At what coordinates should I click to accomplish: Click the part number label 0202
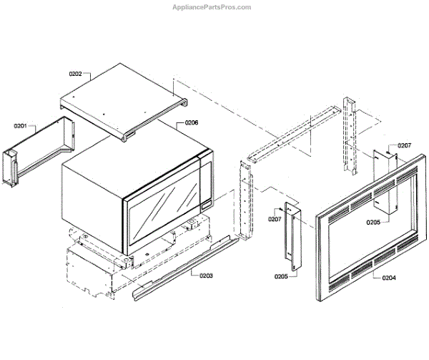click(x=76, y=74)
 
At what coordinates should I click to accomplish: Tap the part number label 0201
click(x=20, y=126)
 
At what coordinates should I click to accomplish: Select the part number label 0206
click(x=191, y=123)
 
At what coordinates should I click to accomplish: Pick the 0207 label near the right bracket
click(x=405, y=145)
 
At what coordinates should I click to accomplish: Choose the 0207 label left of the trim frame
click(x=275, y=218)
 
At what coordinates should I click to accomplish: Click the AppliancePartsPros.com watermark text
click(x=212, y=7)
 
